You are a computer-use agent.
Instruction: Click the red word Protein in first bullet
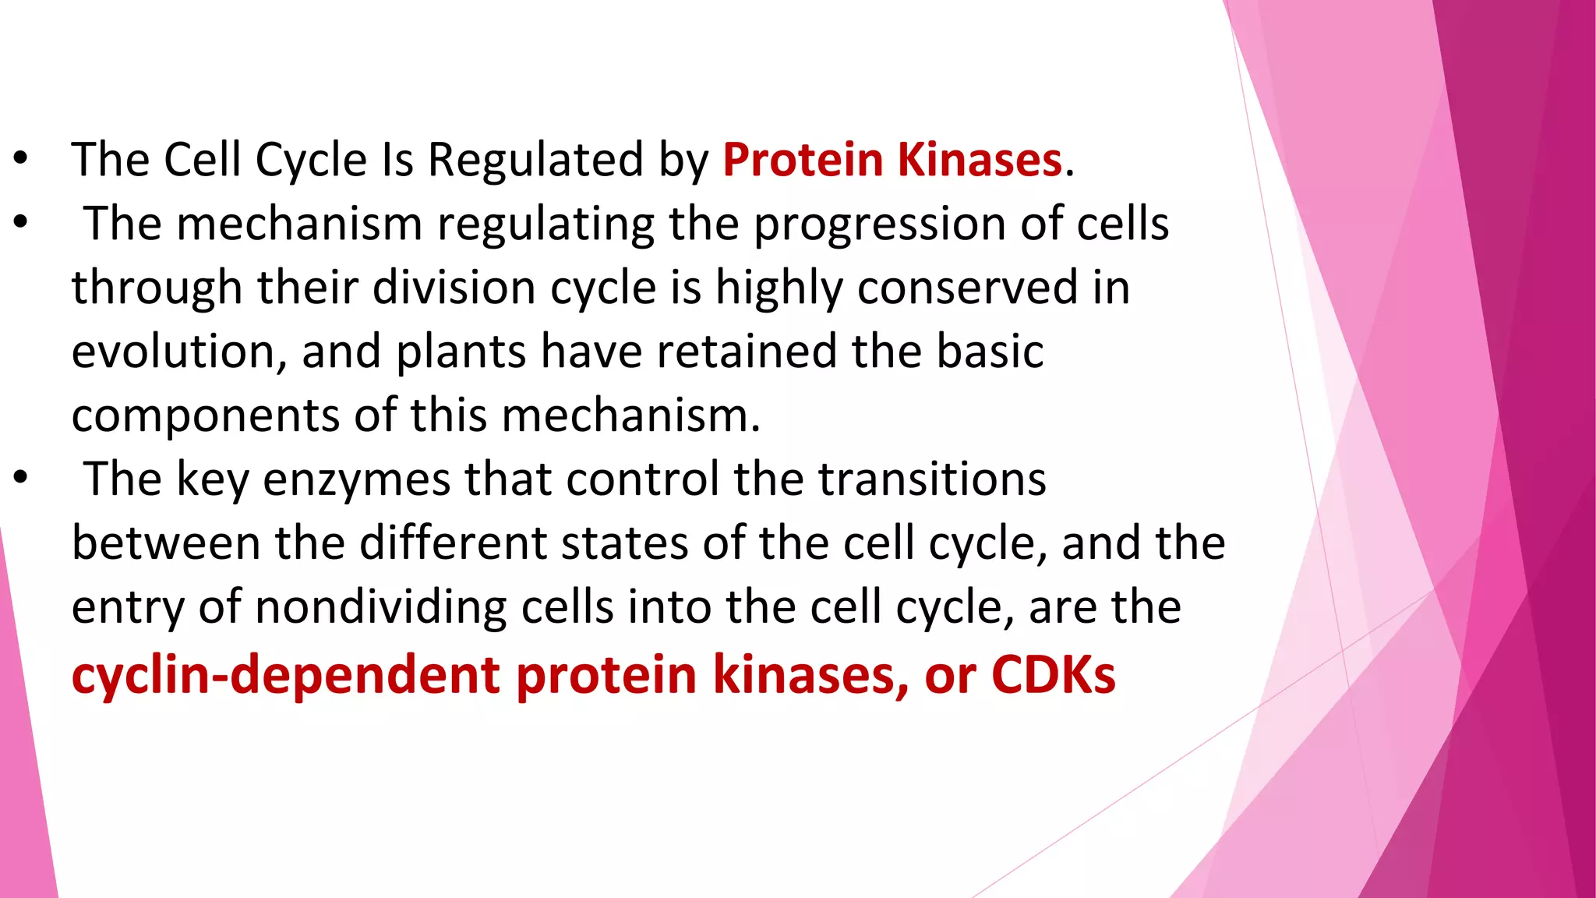[x=802, y=161]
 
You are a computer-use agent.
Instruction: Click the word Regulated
[x=535, y=161]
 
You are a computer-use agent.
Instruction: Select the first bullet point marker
[x=21, y=159]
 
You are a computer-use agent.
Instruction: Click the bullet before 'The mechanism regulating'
[x=21, y=223]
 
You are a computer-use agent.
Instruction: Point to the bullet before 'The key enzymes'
[x=21, y=478]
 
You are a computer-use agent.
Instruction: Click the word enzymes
[x=356, y=481]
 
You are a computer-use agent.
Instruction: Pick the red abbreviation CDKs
[x=1053, y=675]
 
